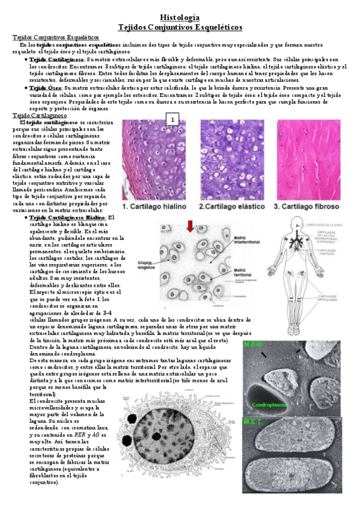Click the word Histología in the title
pyautogui.click(x=180, y=19)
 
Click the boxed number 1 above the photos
pyautogui.click(x=172, y=120)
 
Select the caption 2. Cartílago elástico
pyautogui.click(x=232, y=207)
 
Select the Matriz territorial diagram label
pyautogui.click(x=245, y=274)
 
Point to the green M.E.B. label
pyautogui.click(x=253, y=345)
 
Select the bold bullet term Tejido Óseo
pyautogui.click(x=44, y=87)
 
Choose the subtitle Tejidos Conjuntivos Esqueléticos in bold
pyautogui.click(x=180, y=28)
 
